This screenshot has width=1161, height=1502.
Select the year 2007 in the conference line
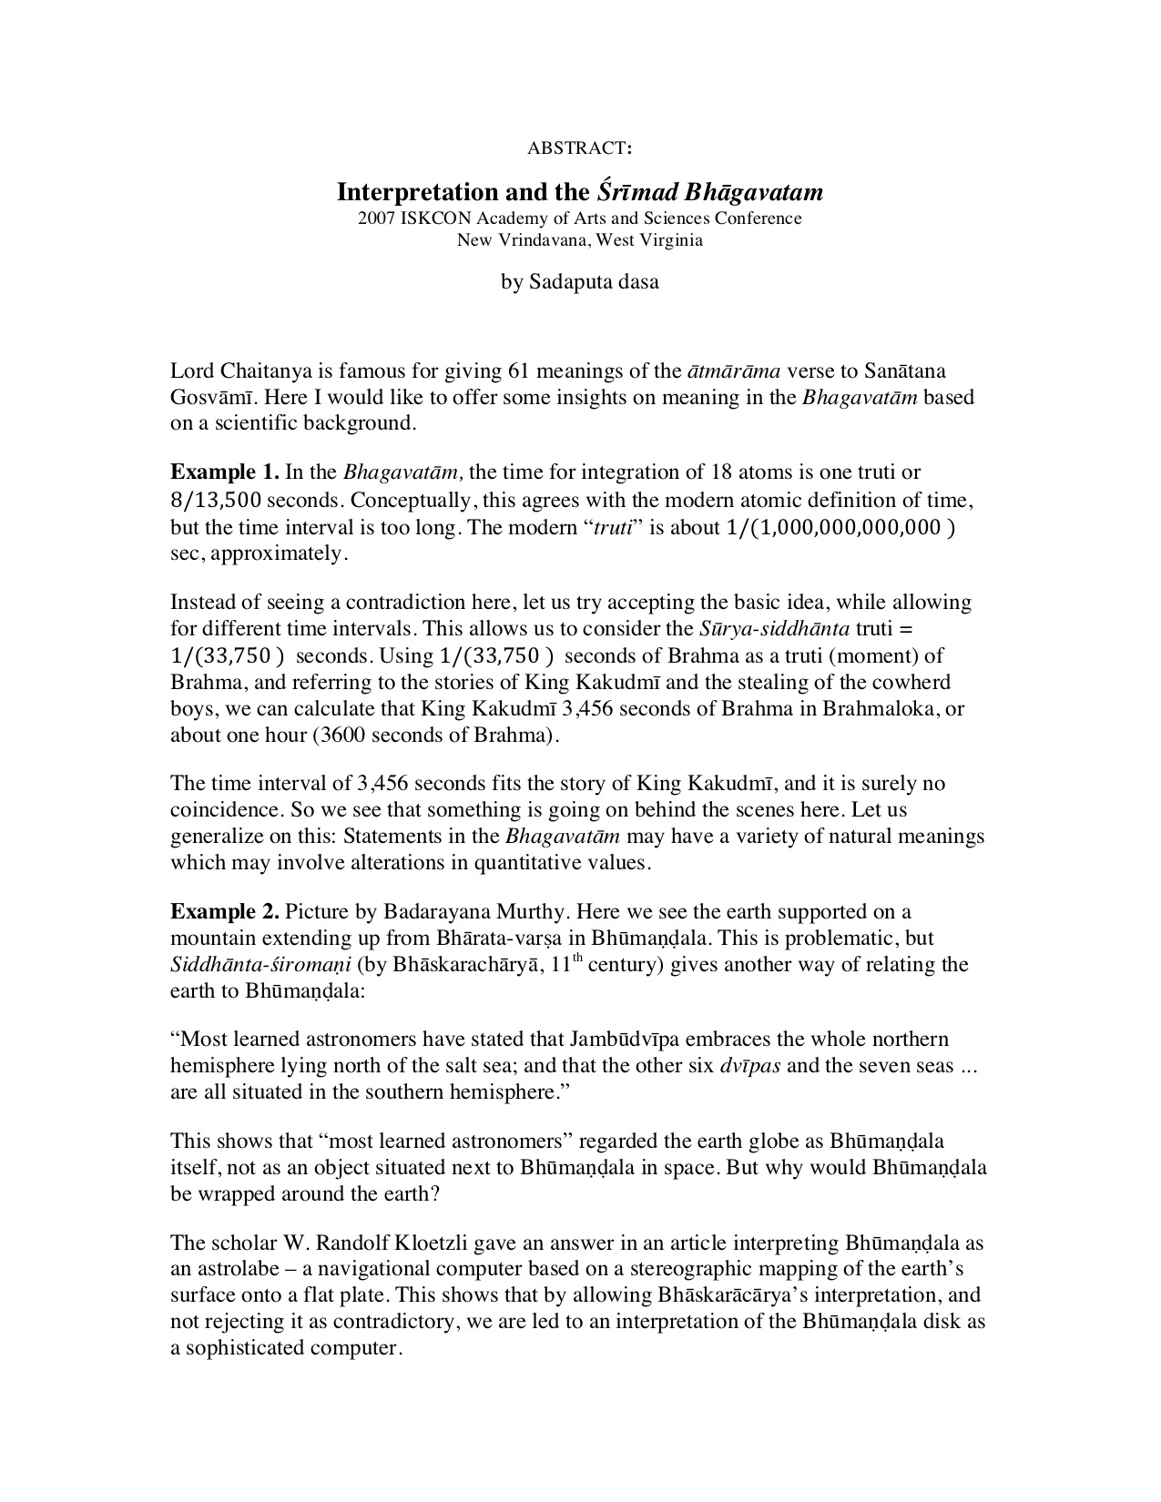tap(375, 218)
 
